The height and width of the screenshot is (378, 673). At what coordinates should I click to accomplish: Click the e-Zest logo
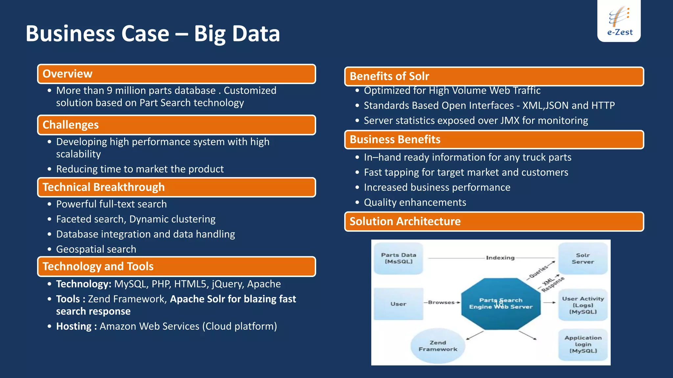tap(619, 21)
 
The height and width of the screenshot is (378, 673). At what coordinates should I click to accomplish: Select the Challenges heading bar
tap(176, 125)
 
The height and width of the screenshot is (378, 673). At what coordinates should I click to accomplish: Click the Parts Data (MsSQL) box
tap(398, 259)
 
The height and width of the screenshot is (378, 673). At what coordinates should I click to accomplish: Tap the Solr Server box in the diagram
tap(583, 259)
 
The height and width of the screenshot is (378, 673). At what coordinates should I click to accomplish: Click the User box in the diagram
tap(398, 304)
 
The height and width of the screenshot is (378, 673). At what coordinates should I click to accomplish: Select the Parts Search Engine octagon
tap(500, 304)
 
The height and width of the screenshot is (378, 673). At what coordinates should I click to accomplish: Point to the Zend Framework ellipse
tap(438, 346)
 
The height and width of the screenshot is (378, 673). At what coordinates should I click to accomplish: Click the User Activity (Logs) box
tap(583, 305)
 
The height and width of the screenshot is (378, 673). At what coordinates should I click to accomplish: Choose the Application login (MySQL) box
tap(583, 345)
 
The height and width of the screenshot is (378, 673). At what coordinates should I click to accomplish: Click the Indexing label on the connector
tap(500, 258)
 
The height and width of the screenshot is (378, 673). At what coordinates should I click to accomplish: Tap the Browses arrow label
tap(441, 303)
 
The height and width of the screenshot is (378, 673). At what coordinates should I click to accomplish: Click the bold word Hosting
tap(74, 326)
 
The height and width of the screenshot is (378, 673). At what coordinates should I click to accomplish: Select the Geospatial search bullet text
tap(96, 249)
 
